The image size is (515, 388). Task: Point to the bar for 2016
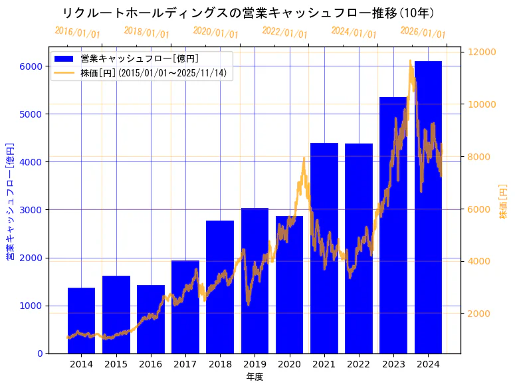coord(150,319)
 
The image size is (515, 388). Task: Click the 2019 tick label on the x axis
coord(255,364)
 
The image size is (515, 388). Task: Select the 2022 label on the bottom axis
coord(358,364)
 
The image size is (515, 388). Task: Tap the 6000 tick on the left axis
coord(31,66)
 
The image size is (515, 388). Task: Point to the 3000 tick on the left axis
coord(31,210)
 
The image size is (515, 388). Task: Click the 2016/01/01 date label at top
coord(78,32)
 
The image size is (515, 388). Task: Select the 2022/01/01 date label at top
coord(284,32)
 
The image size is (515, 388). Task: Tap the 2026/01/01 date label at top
coord(423,32)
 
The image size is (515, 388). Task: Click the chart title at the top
coord(247,13)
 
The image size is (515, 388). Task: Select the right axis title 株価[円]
coord(503,201)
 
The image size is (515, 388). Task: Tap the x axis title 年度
coord(255,377)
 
